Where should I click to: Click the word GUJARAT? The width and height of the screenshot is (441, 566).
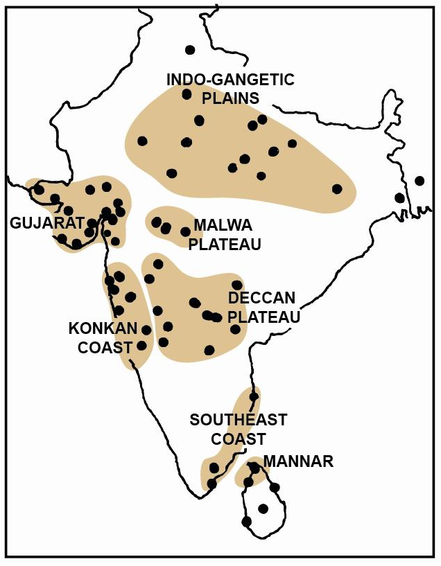[x=43, y=223]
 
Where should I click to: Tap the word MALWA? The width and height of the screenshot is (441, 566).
[x=218, y=225]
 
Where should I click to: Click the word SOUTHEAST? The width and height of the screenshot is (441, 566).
[x=239, y=420]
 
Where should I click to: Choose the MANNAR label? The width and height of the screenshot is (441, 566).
[x=298, y=461]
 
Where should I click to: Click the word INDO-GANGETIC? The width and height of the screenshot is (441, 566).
[x=230, y=80]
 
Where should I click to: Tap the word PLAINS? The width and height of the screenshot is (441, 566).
[x=230, y=98]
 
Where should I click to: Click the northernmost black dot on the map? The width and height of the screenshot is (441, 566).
[x=190, y=49]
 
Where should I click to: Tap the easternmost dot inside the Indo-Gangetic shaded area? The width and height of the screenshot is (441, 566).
[x=337, y=188]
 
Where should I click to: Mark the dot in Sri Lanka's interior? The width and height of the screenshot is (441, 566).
[x=262, y=508]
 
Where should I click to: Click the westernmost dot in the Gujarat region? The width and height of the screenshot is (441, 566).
[x=39, y=189]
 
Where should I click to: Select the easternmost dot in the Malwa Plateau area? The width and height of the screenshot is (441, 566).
[x=185, y=231]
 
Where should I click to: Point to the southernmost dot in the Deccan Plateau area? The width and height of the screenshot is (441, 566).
[x=209, y=350]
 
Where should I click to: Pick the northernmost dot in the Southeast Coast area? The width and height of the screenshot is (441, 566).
[x=254, y=397]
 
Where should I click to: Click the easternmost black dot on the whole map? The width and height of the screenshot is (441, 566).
[x=419, y=181]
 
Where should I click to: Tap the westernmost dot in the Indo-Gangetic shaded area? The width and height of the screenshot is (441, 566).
[x=142, y=141]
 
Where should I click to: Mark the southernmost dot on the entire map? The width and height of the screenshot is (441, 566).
[x=246, y=521]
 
